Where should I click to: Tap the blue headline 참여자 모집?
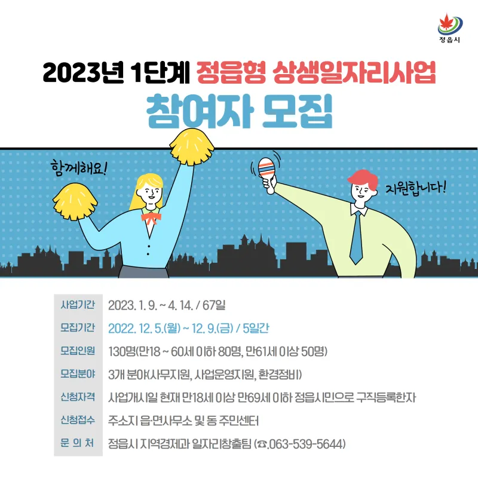(239, 112)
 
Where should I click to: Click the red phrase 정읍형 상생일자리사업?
(316, 72)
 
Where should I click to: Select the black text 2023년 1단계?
(117, 72)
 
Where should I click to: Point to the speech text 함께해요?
(79, 168)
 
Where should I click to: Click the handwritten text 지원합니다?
(415, 188)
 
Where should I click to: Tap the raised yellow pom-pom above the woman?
(192, 146)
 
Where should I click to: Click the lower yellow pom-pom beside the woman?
(75, 201)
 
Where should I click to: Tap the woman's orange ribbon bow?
(151, 219)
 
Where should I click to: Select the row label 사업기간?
(78, 305)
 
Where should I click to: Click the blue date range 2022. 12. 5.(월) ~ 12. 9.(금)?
(171, 328)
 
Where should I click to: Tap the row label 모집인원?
(78, 351)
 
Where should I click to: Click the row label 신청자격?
(78, 397)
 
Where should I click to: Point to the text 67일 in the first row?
(214, 305)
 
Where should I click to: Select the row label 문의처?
(77, 443)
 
